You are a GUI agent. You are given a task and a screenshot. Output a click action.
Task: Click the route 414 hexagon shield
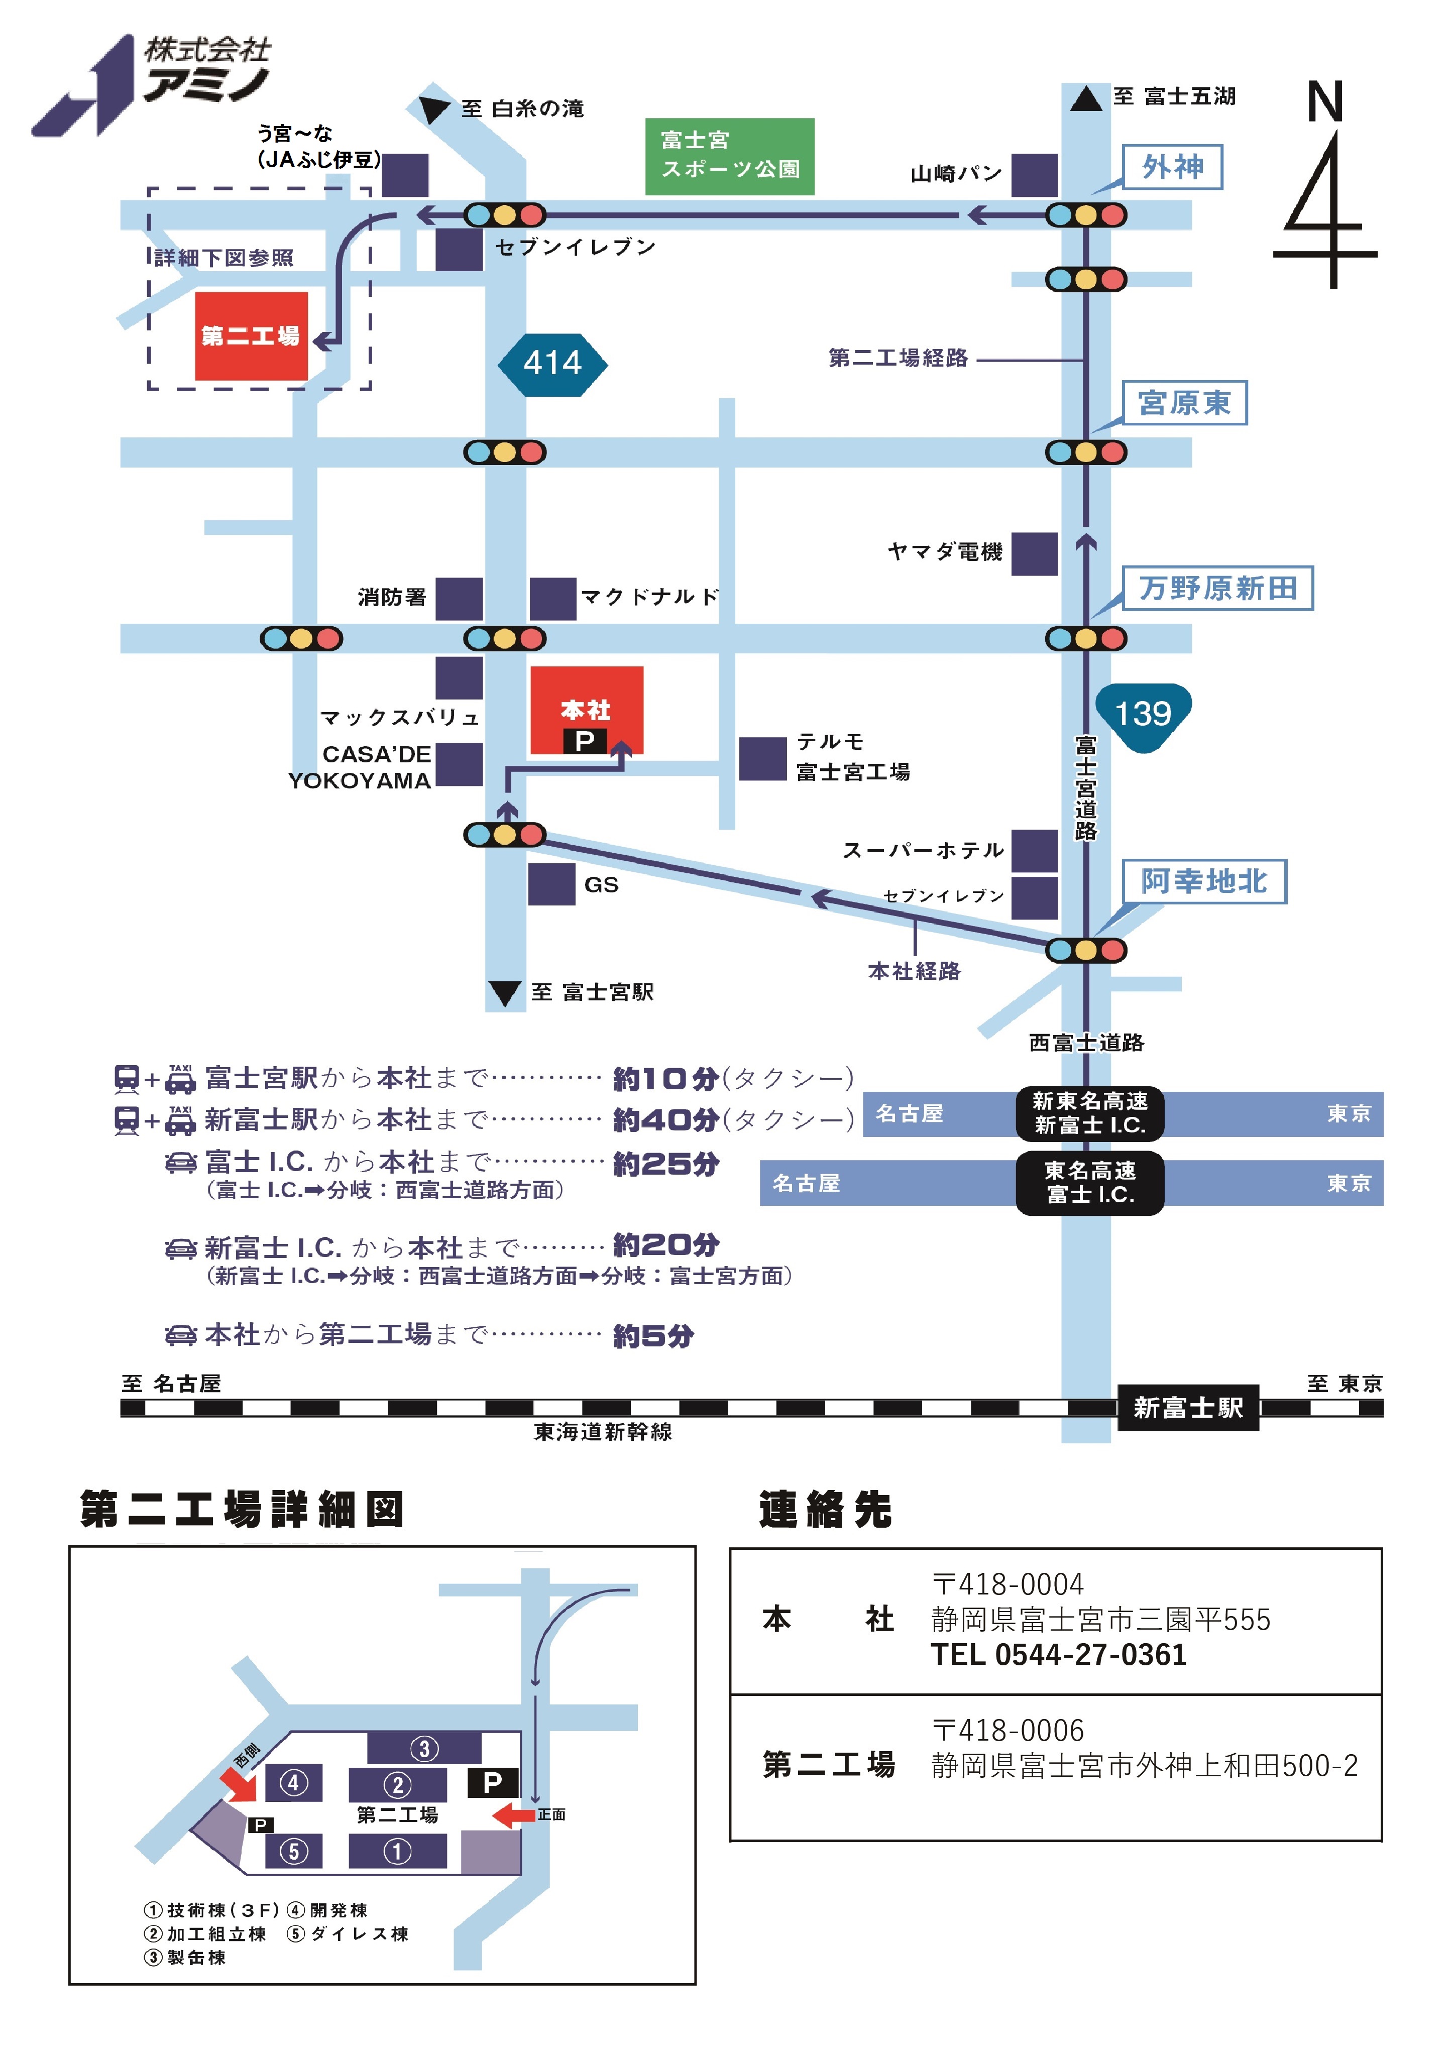click(552, 364)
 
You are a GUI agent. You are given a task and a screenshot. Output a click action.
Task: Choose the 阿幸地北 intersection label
click(1203, 881)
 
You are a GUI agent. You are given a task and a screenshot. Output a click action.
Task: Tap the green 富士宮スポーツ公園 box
click(729, 156)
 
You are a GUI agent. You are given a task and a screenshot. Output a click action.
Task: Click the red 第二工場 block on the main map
click(251, 336)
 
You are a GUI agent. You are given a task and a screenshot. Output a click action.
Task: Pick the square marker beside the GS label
click(551, 884)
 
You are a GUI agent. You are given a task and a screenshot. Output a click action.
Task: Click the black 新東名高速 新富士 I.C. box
click(1089, 1113)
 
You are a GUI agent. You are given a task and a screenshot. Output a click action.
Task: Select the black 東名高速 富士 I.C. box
click(1089, 1183)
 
